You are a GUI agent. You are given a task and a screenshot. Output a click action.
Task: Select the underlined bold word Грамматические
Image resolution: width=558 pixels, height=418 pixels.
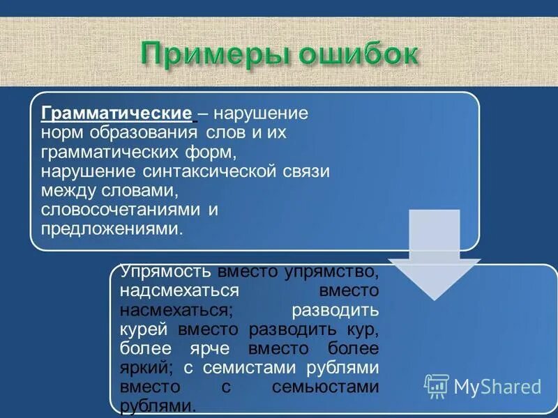(x=116, y=113)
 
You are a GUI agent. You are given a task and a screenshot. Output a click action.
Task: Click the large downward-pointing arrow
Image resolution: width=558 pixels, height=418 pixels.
(x=434, y=254)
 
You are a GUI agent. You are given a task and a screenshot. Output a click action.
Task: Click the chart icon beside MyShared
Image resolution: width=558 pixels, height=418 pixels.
(x=437, y=386)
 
